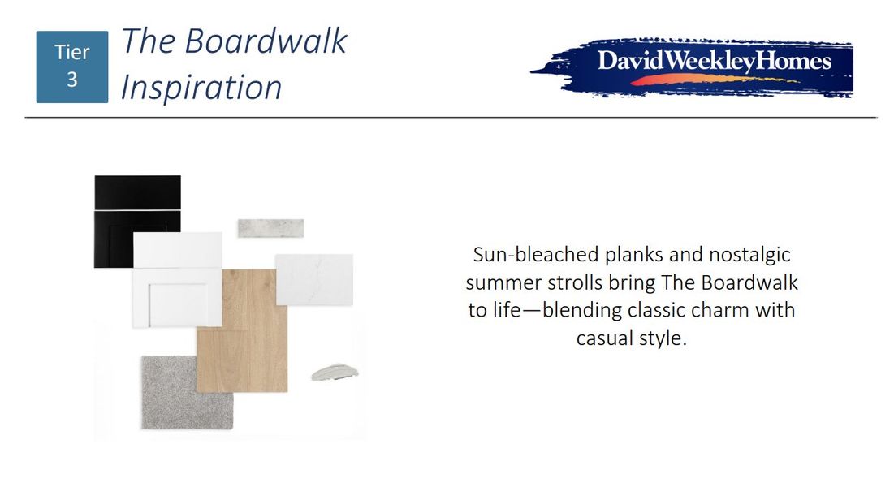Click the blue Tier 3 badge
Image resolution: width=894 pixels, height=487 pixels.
(x=71, y=67)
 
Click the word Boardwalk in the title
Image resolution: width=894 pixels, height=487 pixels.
(x=266, y=41)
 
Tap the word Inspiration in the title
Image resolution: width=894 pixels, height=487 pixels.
(x=201, y=87)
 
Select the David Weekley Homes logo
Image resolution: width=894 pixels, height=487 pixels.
(x=692, y=68)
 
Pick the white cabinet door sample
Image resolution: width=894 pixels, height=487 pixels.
(x=177, y=279)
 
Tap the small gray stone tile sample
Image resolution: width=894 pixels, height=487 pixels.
(x=271, y=228)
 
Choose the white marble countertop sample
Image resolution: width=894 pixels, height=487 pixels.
(x=315, y=279)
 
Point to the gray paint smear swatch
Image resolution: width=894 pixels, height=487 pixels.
(x=335, y=373)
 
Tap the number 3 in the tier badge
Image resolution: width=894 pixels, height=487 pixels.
(x=71, y=80)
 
